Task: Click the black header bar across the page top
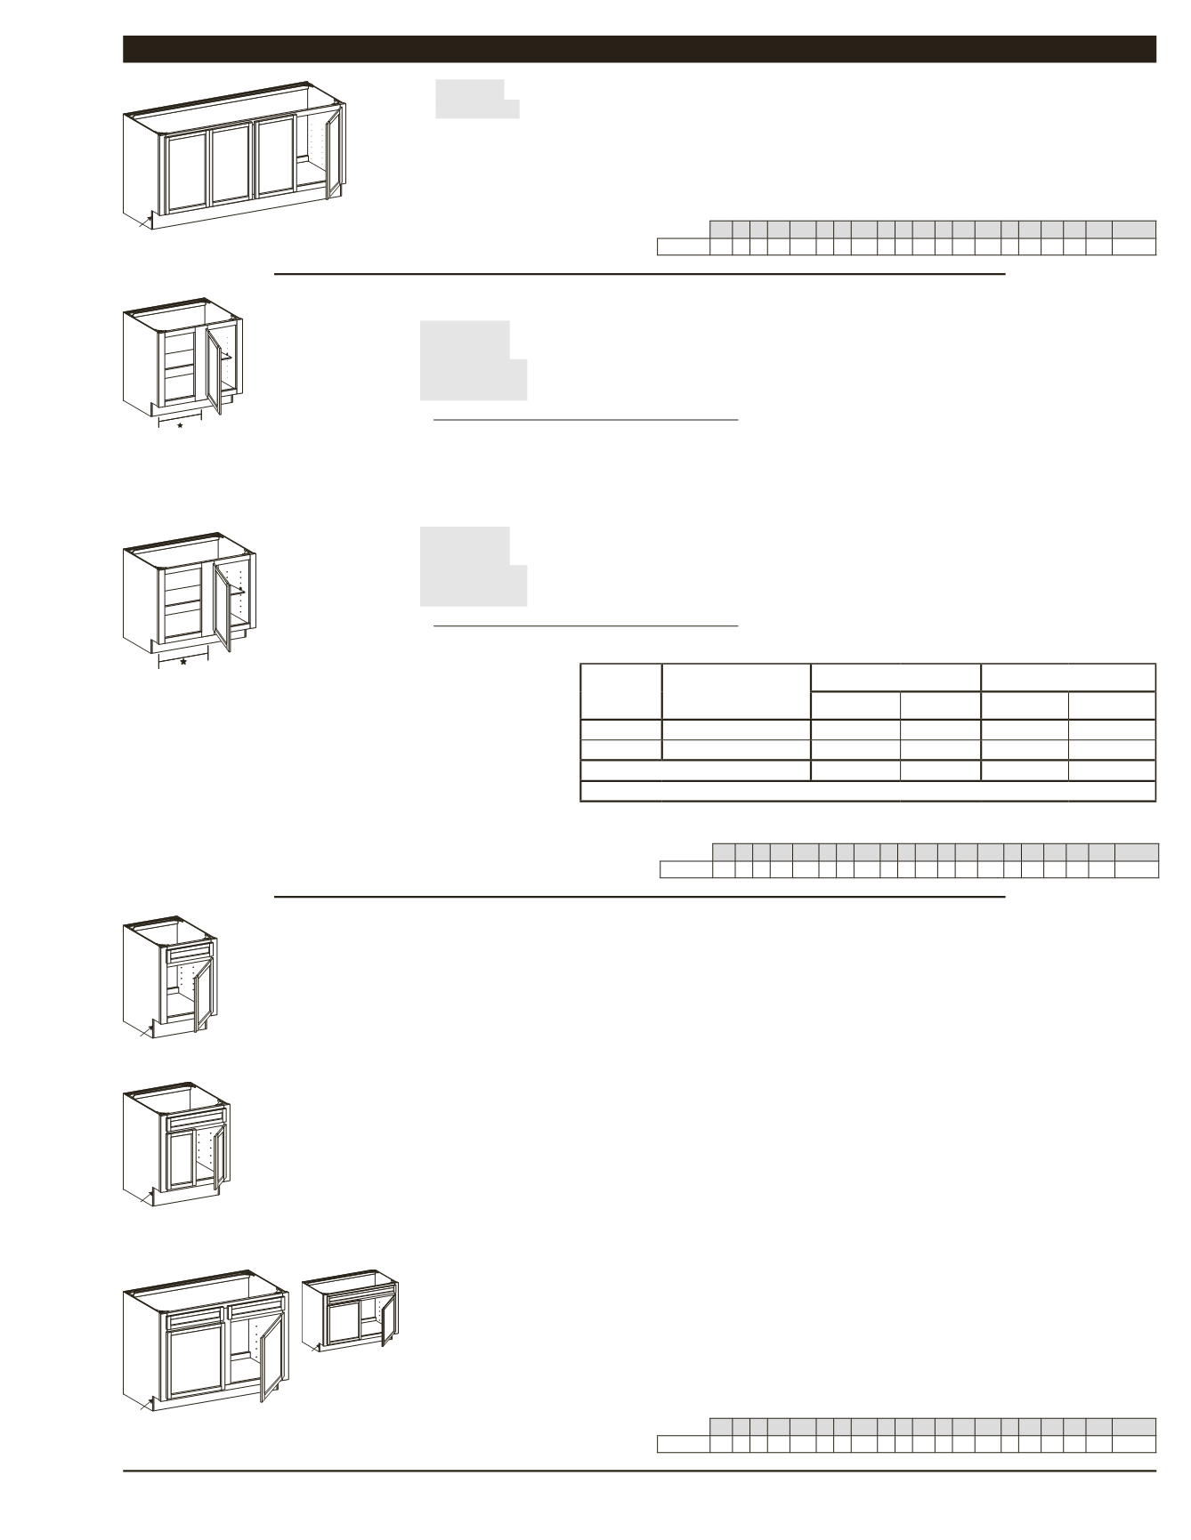(639, 49)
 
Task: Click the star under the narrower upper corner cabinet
(181, 426)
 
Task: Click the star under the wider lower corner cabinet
(183, 663)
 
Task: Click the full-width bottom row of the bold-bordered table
(867, 791)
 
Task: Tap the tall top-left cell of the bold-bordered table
(620, 691)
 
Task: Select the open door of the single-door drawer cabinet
(200, 996)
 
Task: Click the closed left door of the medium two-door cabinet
(181, 1159)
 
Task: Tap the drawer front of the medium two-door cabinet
(197, 1120)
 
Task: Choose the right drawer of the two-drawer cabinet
(255, 1310)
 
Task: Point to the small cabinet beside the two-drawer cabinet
(350, 1313)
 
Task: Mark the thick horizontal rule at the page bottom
(639, 1471)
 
